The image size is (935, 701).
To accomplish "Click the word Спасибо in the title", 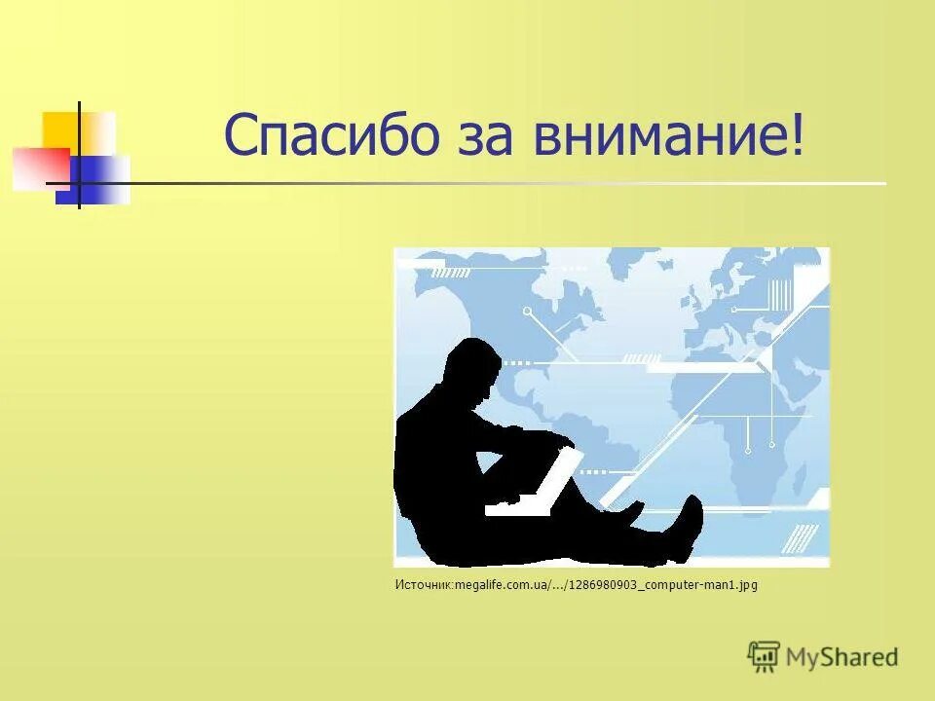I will [333, 136].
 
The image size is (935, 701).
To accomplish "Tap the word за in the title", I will [487, 136].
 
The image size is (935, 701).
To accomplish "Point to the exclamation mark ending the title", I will [800, 136].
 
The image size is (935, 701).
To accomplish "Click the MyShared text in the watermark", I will [841, 657].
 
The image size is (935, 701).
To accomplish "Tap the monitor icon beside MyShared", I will [765, 657].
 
